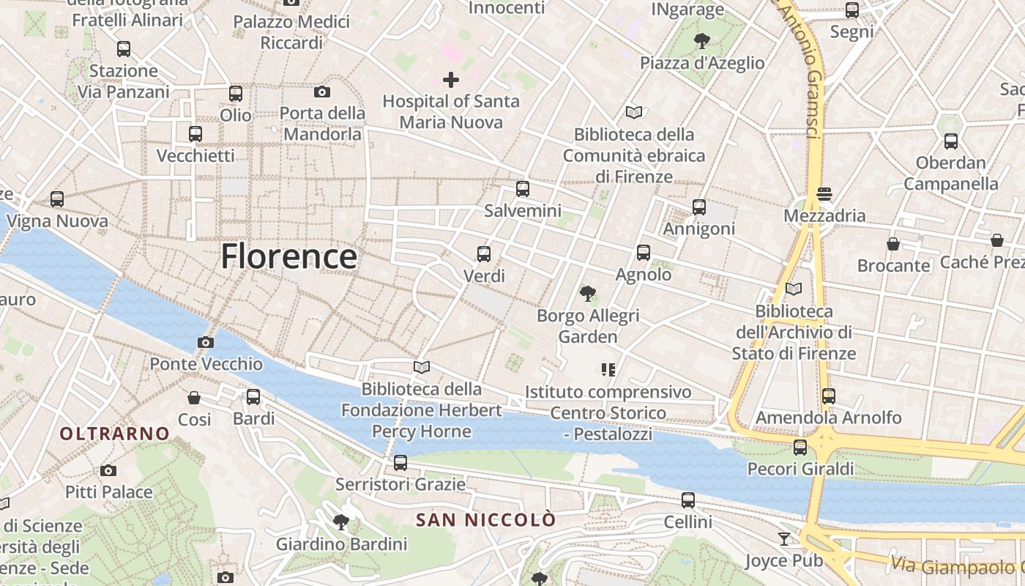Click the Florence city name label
tap(288, 256)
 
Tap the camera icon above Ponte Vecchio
tap(206, 342)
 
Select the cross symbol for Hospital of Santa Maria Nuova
tap(451, 79)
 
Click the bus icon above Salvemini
tap(522, 189)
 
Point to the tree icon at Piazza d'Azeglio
tap(702, 40)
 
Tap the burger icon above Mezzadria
tap(824, 194)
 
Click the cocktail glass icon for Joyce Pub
tap(784, 539)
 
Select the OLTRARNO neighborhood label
tap(115, 434)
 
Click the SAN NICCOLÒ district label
tap(486, 520)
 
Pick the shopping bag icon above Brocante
tap(893, 244)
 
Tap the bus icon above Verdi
tap(484, 254)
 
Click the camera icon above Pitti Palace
tap(108, 470)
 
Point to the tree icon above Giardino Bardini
tap(340, 522)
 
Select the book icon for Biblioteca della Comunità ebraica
tap(634, 113)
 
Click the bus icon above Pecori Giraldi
tap(800, 447)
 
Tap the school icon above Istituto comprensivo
tap(608, 370)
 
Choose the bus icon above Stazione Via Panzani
tap(124, 49)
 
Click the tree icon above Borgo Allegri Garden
tap(587, 294)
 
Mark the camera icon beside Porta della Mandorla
tap(321, 92)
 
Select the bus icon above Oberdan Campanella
tap(950, 141)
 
